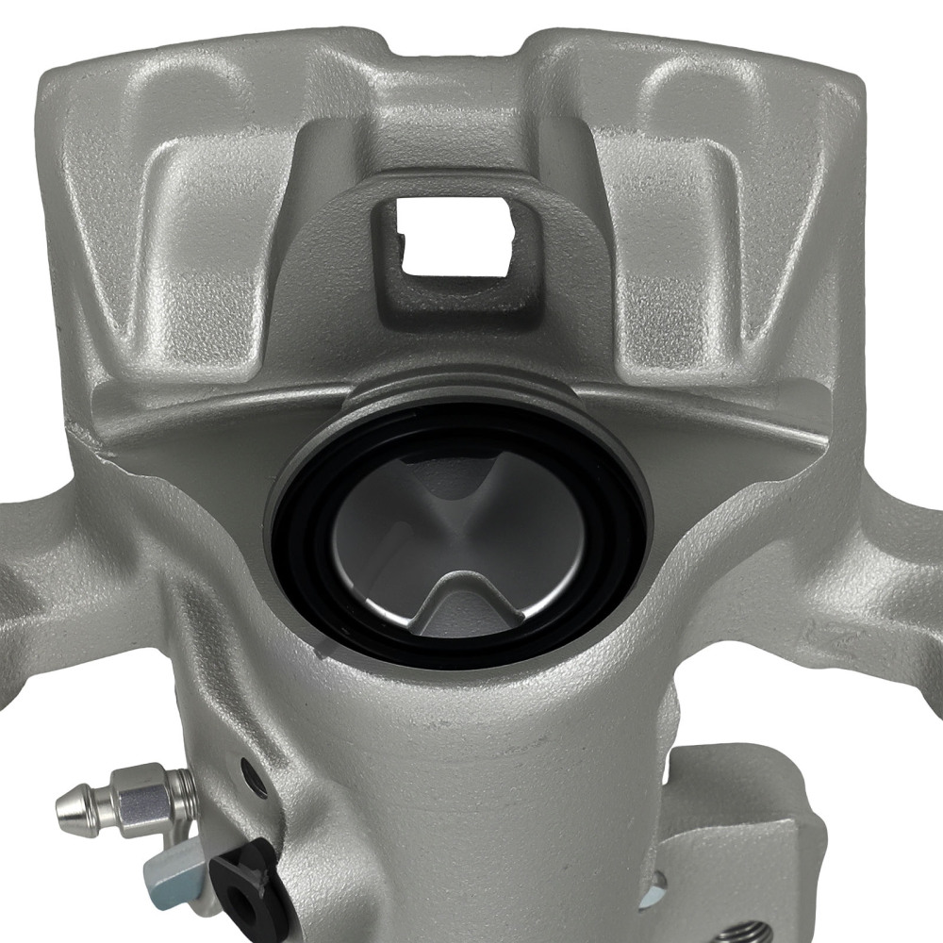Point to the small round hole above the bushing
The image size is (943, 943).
click(x=252, y=778)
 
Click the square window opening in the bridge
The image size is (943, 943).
click(x=455, y=236)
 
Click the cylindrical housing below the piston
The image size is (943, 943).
click(x=471, y=802)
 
